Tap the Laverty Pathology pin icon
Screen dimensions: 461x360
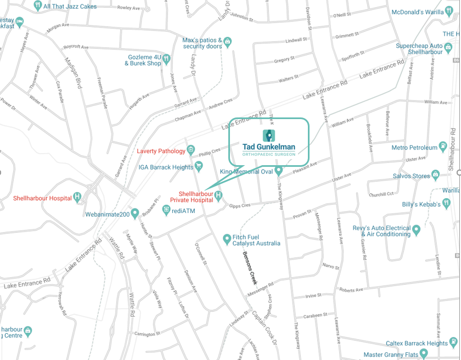click(x=191, y=150)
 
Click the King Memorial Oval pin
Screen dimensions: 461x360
click(x=279, y=171)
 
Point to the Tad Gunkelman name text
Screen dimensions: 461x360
click(x=269, y=147)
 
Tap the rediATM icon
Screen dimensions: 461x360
click(x=166, y=210)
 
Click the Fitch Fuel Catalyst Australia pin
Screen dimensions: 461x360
click(x=227, y=239)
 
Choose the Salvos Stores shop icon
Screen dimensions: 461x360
click(x=436, y=175)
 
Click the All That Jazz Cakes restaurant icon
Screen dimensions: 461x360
click(x=38, y=5)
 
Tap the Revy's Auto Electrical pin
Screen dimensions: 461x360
click(x=417, y=229)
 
